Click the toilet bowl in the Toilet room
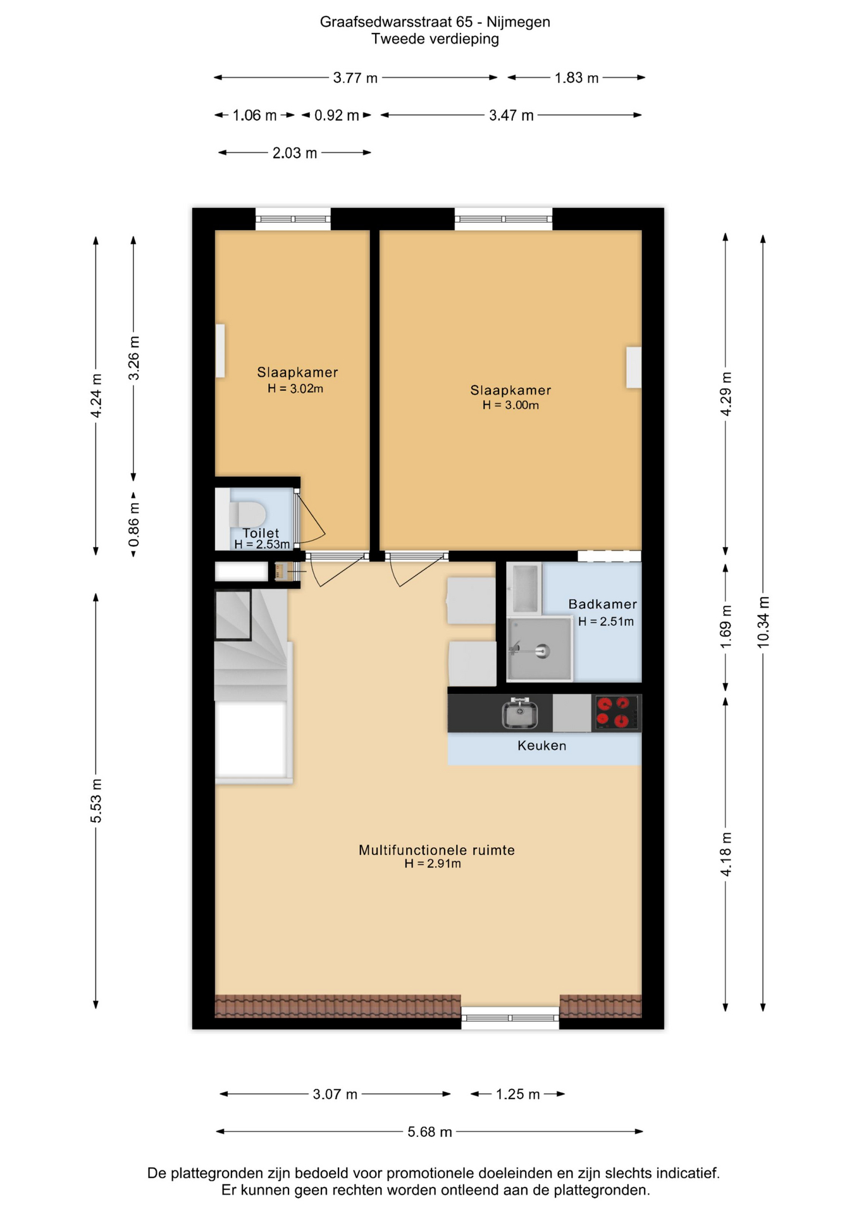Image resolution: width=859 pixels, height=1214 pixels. click(x=247, y=514)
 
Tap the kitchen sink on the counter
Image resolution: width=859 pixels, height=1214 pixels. click(x=520, y=713)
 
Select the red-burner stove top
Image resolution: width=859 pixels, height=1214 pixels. click(x=616, y=713)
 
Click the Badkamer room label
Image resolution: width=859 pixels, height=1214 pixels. click(x=602, y=604)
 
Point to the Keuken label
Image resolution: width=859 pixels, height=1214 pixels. click(x=541, y=745)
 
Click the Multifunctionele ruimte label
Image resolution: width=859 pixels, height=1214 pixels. click(x=436, y=850)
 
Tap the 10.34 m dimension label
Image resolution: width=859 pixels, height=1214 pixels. click(x=763, y=622)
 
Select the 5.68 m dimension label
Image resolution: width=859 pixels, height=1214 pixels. click(x=430, y=1132)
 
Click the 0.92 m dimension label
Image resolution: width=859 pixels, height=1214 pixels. click(x=337, y=116)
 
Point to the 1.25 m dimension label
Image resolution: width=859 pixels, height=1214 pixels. click(x=517, y=1094)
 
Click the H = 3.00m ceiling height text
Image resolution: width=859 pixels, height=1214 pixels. click(x=510, y=405)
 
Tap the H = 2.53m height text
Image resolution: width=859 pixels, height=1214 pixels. click(x=262, y=544)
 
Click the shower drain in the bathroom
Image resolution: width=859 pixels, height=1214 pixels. click(x=541, y=650)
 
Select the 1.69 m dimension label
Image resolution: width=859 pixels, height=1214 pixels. click(x=726, y=626)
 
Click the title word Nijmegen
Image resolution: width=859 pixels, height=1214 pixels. click(x=518, y=22)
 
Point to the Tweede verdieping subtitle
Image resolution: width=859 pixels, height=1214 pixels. click(x=435, y=39)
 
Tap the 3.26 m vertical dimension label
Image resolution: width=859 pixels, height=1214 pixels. click(x=134, y=359)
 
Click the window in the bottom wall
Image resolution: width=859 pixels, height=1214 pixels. click(x=510, y=1018)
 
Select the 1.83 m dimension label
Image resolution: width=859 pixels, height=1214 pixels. click(x=576, y=78)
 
